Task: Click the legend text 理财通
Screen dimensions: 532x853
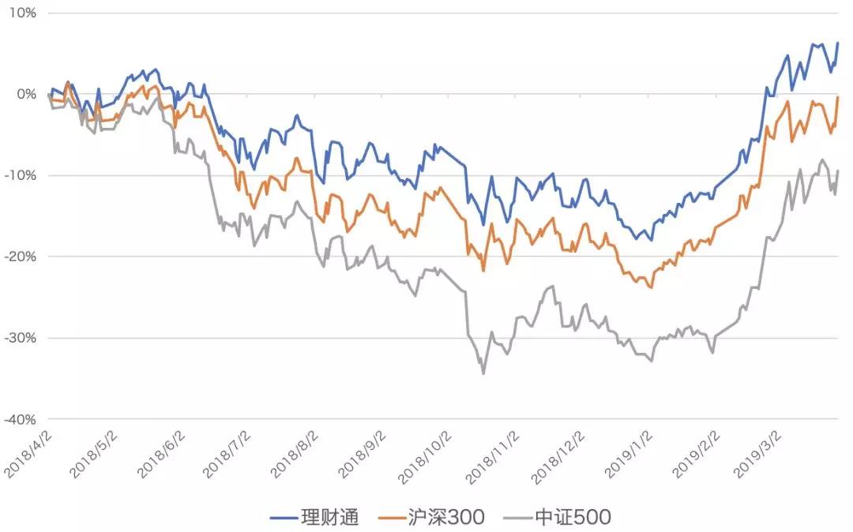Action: (330, 518)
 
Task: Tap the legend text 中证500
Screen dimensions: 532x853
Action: (573, 518)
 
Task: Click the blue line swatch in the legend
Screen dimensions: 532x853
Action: (283, 518)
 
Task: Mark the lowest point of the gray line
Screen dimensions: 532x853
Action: (483, 373)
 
